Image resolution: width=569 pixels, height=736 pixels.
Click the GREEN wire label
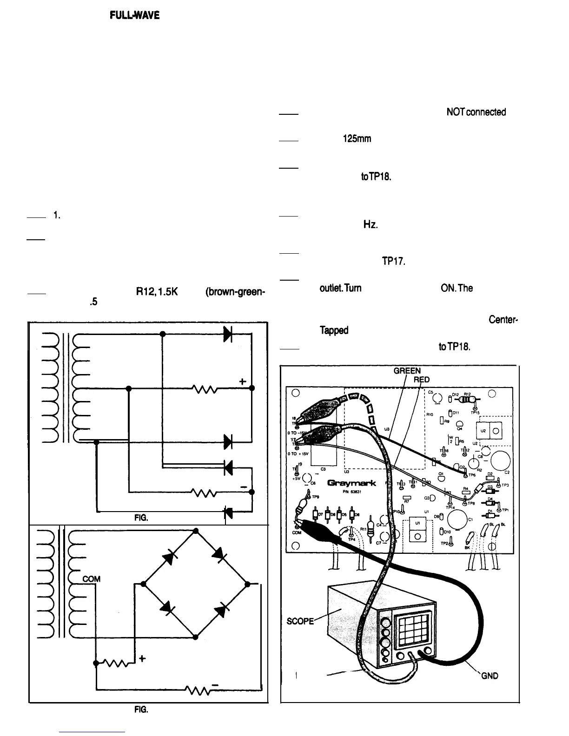(x=407, y=371)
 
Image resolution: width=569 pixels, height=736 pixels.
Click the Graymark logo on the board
(x=351, y=483)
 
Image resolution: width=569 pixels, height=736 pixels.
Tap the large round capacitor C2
(x=500, y=460)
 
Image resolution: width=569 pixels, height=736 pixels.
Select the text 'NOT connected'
(x=476, y=112)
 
